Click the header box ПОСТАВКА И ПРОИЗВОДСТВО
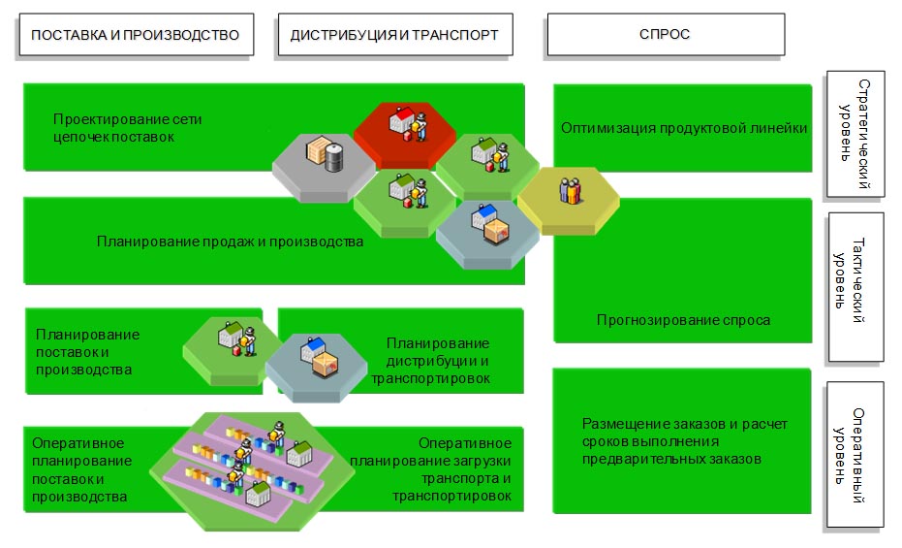click(x=136, y=35)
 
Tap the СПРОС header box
click(x=665, y=35)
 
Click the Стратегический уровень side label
click(x=855, y=133)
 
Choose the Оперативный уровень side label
click(x=855, y=454)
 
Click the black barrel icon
click(x=333, y=156)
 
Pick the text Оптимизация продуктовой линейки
click(x=684, y=128)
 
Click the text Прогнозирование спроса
click(x=684, y=320)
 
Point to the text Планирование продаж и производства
click(x=230, y=242)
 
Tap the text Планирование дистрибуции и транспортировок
click(x=431, y=361)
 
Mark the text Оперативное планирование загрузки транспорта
click(x=451, y=468)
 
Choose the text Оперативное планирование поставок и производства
click(x=81, y=469)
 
